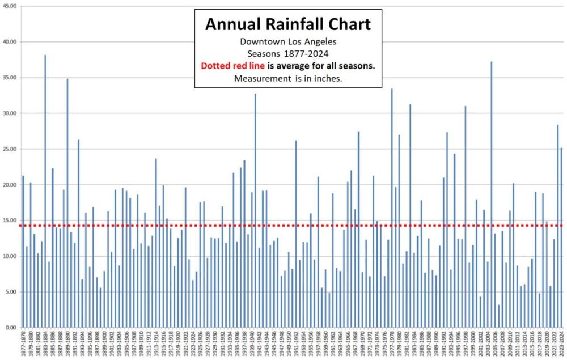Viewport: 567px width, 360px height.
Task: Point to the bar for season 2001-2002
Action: pyautogui.click(x=480, y=311)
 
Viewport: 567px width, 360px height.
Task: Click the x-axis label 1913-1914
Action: pyautogui.click(x=156, y=343)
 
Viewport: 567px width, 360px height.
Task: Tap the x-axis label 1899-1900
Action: pyautogui.click(x=104, y=343)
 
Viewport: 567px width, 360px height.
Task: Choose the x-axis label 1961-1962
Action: pyautogui.click(x=333, y=343)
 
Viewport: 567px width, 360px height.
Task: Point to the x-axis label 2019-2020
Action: pyautogui.click(x=547, y=343)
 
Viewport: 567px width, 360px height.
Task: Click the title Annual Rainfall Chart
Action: pyautogui.click(x=287, y=24)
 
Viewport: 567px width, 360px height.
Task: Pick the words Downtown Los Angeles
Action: pyautogui.click(x=287, y=42)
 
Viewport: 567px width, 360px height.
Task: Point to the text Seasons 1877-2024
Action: pyautogui.click(x=287, y=54)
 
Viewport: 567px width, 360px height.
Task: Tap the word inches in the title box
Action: pyautogui.click(x=328, y=78)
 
